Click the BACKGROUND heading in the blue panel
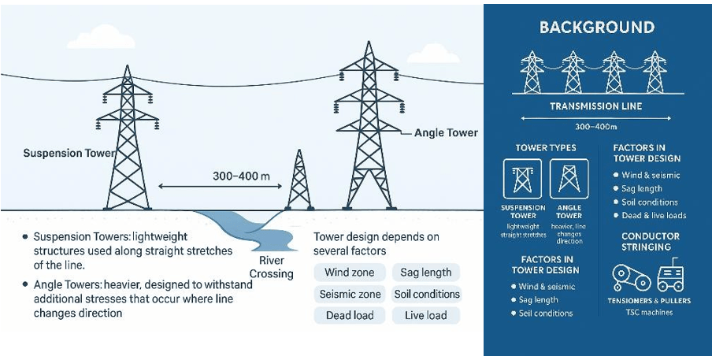(596, 28)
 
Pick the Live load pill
(425, 315)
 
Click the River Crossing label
(271, 267)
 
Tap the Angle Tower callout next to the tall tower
(446, 133)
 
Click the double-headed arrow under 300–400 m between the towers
(213, 187)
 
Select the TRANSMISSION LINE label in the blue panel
(596, 106)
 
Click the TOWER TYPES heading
(545, 148)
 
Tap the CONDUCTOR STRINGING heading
(651, 241)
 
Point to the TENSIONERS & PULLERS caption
(650, 300)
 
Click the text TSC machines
(650, 312)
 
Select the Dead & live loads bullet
(654, 215)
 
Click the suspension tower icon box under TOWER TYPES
(522, 179)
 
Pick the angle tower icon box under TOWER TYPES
(569, 179)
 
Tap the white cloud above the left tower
(106, 35)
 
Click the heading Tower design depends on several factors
(376, 243)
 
